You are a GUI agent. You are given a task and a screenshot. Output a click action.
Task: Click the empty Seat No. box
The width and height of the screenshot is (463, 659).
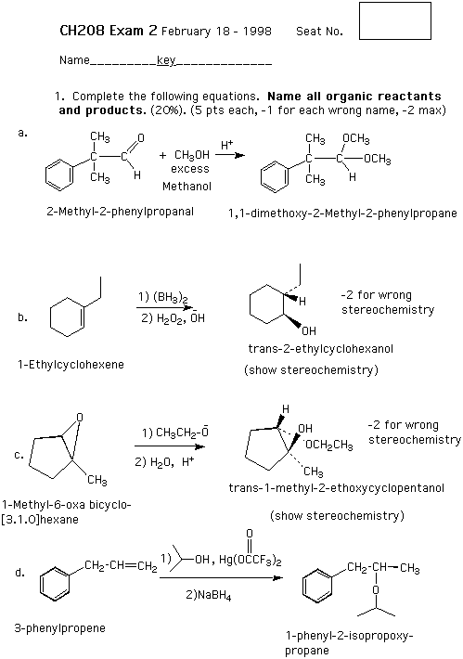click(395, 21)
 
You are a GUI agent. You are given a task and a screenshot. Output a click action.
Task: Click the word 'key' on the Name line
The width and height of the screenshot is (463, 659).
click(166, 61)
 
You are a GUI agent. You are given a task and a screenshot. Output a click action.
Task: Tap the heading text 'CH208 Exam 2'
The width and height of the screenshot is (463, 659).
click(109, 31)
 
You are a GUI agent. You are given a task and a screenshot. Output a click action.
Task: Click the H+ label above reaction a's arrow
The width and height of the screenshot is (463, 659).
click(227, 146)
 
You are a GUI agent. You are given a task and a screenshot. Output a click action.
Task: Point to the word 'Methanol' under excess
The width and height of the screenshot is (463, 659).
click(187, 187)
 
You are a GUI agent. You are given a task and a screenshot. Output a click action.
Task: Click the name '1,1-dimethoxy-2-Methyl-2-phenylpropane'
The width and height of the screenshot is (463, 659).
click(342, 213)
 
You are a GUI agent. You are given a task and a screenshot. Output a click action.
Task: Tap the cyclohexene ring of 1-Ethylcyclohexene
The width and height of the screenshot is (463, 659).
click(67, 317)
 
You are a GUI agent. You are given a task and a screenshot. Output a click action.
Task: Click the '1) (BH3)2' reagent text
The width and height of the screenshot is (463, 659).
click(163, 298)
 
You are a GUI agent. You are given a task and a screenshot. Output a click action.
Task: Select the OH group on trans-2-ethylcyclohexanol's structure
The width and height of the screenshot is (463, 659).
click(308, 331)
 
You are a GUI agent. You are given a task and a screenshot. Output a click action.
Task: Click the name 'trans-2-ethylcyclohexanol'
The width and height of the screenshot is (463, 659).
click(320, 349)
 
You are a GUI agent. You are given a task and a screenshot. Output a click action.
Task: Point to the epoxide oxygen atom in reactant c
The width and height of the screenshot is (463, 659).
click(80, 418)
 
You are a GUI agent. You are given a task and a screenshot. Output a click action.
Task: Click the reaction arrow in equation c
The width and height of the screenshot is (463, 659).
click(170, 446)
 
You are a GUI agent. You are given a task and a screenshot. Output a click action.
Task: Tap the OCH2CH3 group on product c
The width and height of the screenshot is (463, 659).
click(329, 446)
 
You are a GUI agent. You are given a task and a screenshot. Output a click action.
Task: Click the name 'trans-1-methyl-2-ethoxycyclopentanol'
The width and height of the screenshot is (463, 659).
click(336, 488)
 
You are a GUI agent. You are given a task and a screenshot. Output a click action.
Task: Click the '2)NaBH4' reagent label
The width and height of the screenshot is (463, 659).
click(209, 596)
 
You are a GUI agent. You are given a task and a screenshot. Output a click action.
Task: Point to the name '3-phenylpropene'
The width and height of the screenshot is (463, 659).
click(59, 628)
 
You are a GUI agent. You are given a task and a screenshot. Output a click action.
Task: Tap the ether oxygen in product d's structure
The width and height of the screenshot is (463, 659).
click(376, 590)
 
